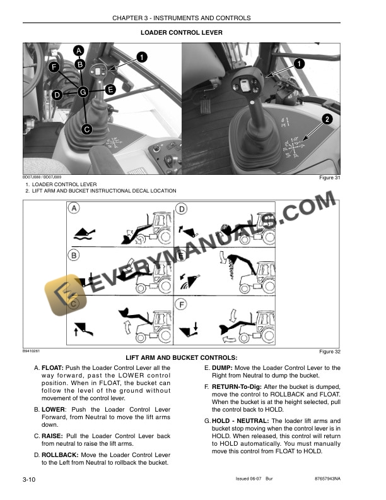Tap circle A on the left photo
point(79,50)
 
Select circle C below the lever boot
point(87,129)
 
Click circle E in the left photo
point(110,90)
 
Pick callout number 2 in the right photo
point(327,119)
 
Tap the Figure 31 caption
point(329,178)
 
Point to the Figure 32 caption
point(329,352)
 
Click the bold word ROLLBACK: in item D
point(62,455)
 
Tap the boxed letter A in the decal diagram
point(74,208)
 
